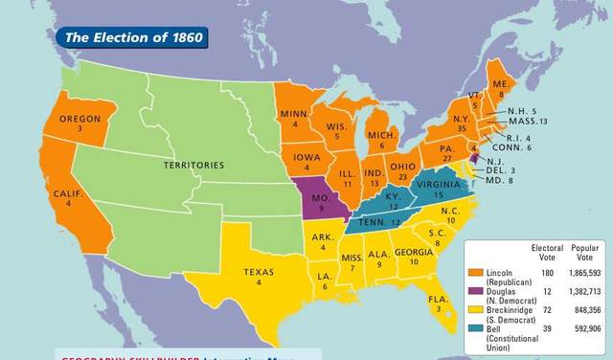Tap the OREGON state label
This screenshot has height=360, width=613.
(80, 120)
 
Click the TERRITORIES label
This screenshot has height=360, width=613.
(193, 165)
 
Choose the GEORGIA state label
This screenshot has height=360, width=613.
(413, 252)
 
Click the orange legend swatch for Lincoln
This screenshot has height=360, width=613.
(475, 274)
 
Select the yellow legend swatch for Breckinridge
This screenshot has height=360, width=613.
(475, 309)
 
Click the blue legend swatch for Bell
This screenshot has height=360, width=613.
(475, 328)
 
